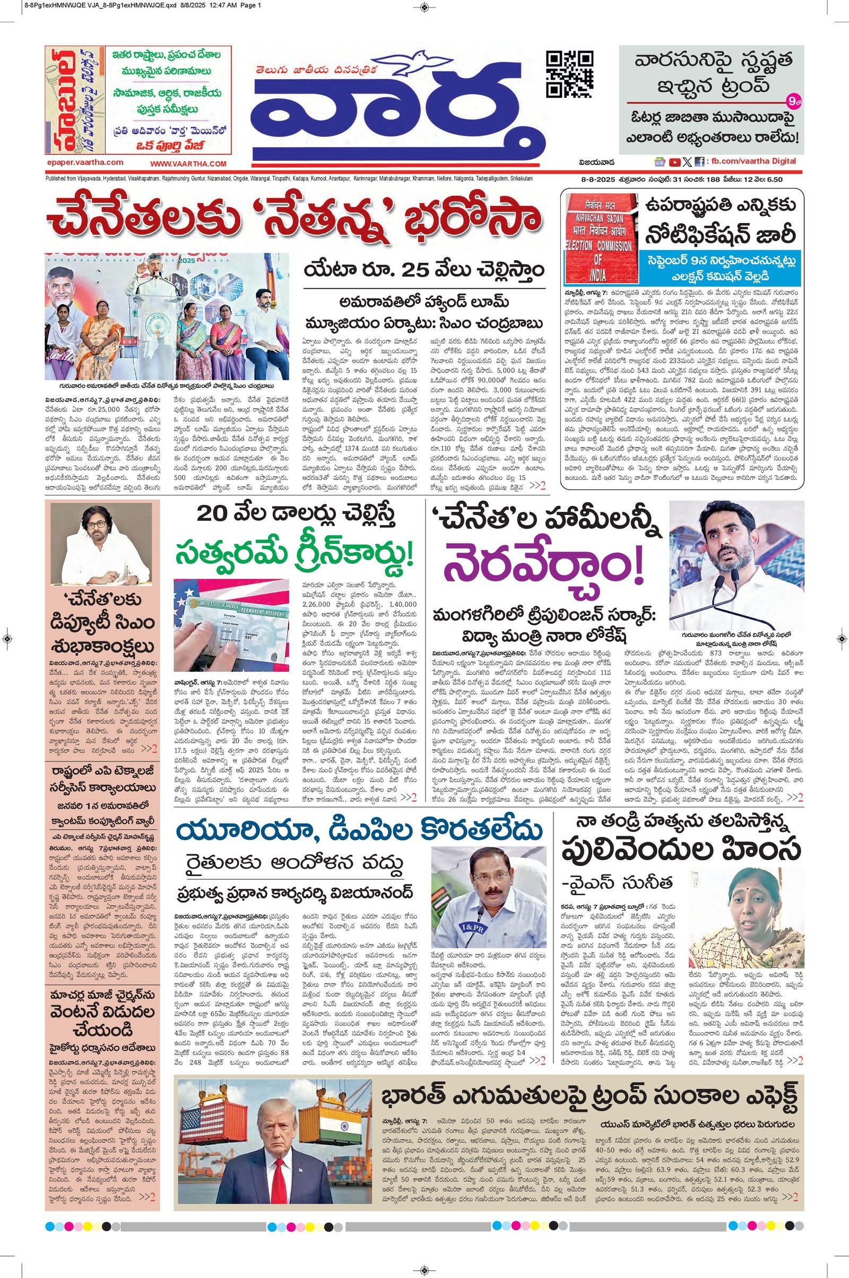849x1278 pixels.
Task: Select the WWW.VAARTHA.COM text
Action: [x=188, y=164]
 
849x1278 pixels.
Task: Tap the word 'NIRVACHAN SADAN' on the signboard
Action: [x=596, y=213]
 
